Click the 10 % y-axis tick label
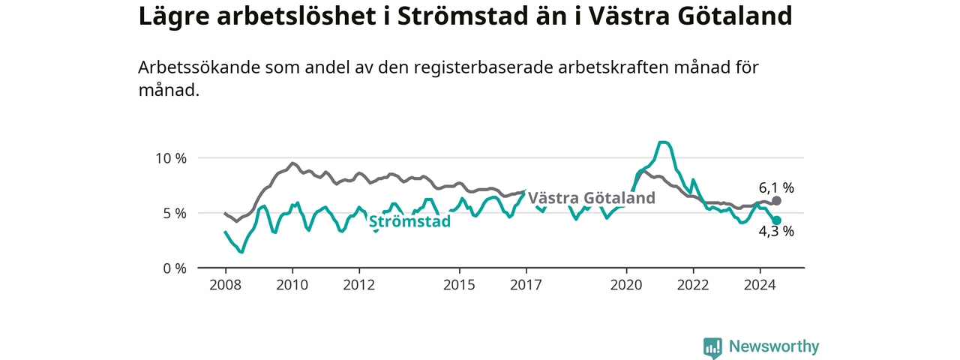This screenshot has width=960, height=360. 171,158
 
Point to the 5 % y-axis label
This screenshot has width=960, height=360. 175,214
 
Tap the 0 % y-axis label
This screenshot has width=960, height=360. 175,268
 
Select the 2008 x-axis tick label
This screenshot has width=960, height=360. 226,285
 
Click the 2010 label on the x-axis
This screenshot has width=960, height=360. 292,285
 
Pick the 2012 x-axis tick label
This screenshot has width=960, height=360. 359,285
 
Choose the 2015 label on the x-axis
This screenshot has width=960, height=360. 460,285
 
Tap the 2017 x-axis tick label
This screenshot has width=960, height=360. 526,285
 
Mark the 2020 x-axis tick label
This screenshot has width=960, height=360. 626,285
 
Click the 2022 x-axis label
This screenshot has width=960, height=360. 694,285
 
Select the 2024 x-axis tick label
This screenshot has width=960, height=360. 760,285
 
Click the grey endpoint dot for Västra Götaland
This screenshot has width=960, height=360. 776,200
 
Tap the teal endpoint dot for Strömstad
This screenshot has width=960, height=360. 776,220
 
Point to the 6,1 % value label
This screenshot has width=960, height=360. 776,187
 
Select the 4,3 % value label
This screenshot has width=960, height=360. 776,232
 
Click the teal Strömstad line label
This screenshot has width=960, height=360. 409,221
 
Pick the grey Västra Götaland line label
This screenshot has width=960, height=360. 592,198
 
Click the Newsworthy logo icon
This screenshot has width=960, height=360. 712,347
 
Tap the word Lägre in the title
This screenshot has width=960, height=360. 174,17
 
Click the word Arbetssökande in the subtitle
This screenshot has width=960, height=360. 199,67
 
